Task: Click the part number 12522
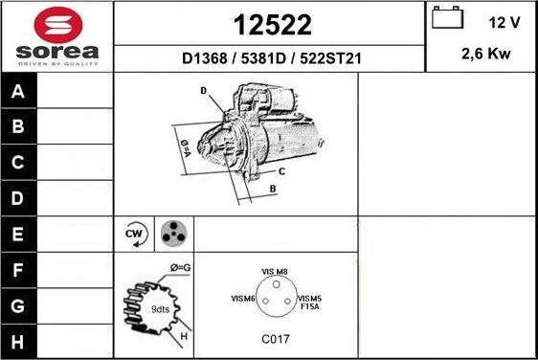point(270,23)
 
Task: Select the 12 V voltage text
point(504,21)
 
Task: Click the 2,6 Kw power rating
point(486,55)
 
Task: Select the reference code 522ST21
point(330,58)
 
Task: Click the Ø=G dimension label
point(180,266)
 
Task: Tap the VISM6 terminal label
point(242,299)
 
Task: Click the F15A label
point(308,308)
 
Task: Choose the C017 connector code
point(275,339)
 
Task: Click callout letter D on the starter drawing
point(204,91)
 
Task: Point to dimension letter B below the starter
point(273,189)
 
